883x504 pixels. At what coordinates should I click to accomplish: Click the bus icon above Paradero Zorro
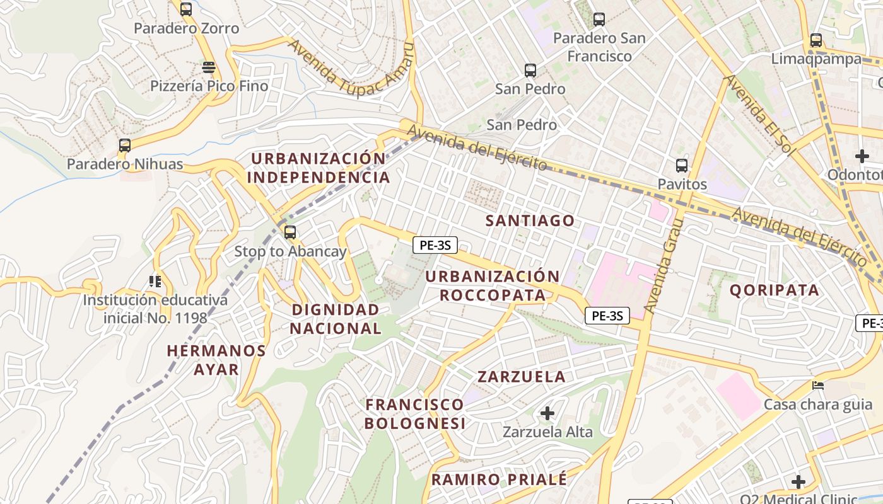tap(185, 9)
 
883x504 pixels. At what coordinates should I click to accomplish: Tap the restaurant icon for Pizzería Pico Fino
tap(209, 67)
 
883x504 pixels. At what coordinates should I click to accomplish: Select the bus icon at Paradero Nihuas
tap(125, 146)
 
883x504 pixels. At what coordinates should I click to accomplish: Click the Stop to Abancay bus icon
tap(289, 232)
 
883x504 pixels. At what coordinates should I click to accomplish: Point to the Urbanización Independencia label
tap(319, 168)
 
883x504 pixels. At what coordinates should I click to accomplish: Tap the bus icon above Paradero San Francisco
tap(599, 20)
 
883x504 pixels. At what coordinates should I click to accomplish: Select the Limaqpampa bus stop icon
tap(816, 40)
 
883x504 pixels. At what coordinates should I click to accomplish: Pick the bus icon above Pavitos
tap(682, 166)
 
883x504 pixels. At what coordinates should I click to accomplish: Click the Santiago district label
tap(530, 220)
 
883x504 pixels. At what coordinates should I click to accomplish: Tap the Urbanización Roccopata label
tap(493, 286)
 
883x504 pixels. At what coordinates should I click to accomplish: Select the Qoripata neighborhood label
tap(775, 290)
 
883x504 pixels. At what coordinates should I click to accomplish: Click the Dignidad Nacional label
tap(336, 319)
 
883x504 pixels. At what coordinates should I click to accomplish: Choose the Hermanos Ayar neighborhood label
tap(216, 360)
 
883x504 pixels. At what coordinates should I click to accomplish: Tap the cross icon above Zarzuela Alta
tap(547, 413)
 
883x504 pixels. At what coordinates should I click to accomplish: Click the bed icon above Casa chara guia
tap(818, 385)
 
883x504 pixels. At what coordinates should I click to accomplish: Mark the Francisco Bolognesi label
tap(415, 413)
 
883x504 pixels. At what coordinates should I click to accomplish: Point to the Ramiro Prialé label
tap(499, 479)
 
